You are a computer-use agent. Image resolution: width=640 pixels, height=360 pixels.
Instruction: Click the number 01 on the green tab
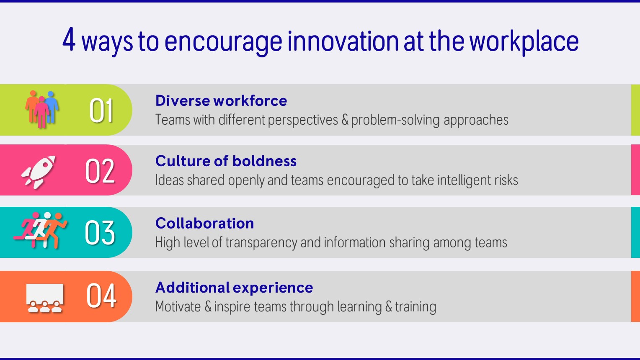click(x=101, y=111)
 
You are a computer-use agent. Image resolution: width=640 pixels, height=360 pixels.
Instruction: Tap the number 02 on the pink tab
click(x=100, y=171)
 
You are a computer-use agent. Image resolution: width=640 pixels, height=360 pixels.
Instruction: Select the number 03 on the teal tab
click(x=100, y=233)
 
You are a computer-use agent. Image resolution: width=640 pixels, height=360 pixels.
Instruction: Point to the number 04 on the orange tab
click(x=101, y=296)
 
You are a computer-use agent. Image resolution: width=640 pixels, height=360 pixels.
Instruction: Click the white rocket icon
click(x=38, y=172)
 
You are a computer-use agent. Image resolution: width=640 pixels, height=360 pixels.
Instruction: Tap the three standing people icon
click(x=42, y=109)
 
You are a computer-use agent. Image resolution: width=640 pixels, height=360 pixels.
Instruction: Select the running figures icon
click(x=40, y=230)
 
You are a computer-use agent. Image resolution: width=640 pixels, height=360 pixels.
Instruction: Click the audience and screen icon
click(x=45, y=298)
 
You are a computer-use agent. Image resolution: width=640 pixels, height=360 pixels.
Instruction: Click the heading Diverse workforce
click(x=221, y=101)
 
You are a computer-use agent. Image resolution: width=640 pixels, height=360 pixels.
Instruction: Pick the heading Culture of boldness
click(x=226, y=161)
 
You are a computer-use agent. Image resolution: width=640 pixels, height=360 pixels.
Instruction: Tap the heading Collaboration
click(x=204, y=223)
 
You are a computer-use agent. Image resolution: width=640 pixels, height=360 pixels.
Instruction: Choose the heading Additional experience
click(x=234, y=287)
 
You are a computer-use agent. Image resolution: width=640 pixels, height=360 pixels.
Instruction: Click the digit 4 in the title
click(x=69, y=39)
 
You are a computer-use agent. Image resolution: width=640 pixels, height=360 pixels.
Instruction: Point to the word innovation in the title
click(x=343, y=41)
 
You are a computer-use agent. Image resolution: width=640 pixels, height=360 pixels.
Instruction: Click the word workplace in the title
click(x=524, y=42)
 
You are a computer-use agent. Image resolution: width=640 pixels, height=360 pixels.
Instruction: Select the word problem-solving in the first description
click(x=395, y=120)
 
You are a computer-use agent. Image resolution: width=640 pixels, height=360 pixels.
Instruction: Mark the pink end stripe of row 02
click(x=635, y=170)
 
